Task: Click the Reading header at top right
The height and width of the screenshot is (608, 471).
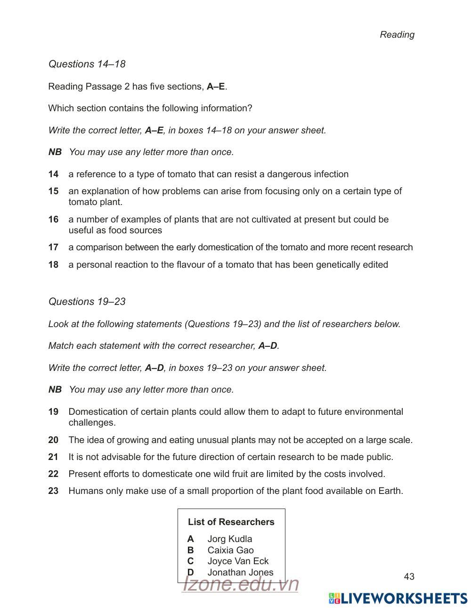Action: tap(397, 34)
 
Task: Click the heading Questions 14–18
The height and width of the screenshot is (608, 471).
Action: tap(87, 64)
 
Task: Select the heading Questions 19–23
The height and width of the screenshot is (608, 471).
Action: tap(87, 301)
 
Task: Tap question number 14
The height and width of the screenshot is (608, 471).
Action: tap(53, 174)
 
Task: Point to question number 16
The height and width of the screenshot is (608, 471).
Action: tap(53, 219)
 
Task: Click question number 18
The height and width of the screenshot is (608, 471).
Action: tap(53, 264)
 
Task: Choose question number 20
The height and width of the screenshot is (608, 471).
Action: tap(53, 440)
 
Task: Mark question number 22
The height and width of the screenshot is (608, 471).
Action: tap(53, 474)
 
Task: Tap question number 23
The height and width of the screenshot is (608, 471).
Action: tap(53, 491)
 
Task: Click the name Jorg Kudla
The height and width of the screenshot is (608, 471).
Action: tap(229, 539)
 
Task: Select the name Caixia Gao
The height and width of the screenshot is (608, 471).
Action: tap(230, 550)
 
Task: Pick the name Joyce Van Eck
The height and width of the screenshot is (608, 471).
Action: tap(238, 561)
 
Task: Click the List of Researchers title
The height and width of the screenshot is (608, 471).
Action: tap(231, 522)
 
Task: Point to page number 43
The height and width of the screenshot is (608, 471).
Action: tap(409, 576)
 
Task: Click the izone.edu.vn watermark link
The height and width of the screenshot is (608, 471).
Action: tap(240, 584)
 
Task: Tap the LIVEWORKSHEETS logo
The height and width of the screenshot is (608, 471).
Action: tap(398, 598)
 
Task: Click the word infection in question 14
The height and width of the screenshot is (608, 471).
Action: tap(330, 174)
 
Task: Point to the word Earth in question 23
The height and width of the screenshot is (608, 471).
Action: tap(390, 491)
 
